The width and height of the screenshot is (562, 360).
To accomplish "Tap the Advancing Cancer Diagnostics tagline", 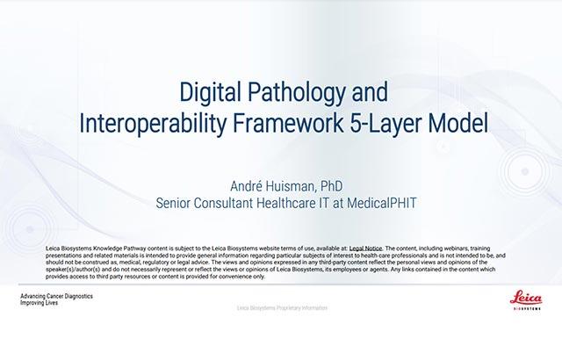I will click(57, 296).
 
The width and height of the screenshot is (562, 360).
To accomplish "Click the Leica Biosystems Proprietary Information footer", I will click(280, 309).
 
